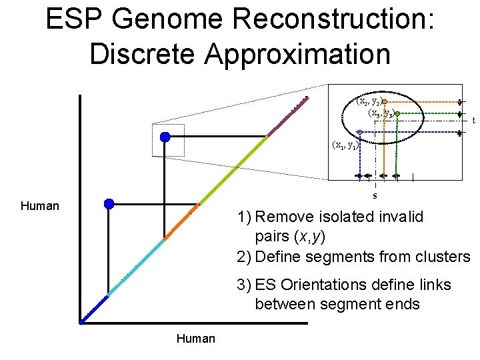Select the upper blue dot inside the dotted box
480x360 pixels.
(x=165, y=137)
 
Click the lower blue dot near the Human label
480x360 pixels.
(x=109, y=203)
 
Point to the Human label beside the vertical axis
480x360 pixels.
(x=40, y=206)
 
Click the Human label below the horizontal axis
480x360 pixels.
(x=195, y=339)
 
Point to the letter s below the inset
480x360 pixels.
(x=375, y=195)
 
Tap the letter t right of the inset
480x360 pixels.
(x=473, y=121)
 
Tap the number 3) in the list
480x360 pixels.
(x=243, y=285)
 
